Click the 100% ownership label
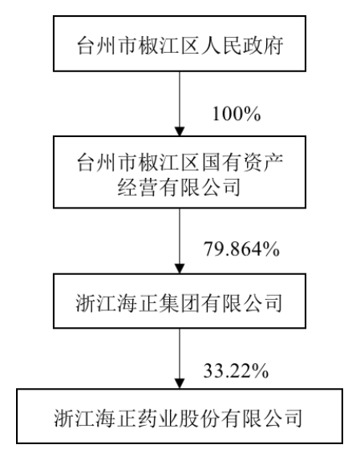[x=237, y=114]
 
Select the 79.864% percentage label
[x=241, y=249]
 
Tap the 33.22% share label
[x=236, y=370]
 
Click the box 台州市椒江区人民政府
[x=180, y=43]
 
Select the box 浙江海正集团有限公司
[x=180, y=301]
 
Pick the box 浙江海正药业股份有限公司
[x=180, y=416]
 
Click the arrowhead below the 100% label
[x=180, y=131]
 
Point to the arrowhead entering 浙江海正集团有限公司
[x=180, y=269]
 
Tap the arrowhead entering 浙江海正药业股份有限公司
[x=180, y=383]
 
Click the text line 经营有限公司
[x=179, y=187]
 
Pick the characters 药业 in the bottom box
[x=158, y=418]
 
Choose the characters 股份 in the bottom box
[x=200, y=418]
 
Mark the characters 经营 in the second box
[x=138, y=187]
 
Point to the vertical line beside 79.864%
[x=180, y=236]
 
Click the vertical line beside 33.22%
[x=180, y=354]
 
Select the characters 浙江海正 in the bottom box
[x=95, y=418]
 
